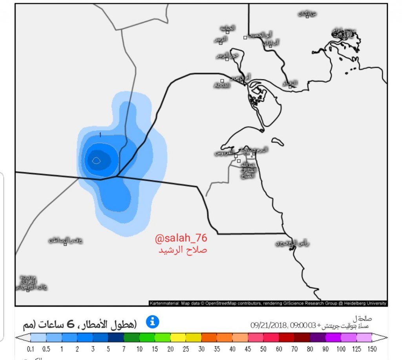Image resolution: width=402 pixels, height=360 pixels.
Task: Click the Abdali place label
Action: (222, 86)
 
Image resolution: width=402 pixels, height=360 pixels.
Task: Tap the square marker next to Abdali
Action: (222, 81)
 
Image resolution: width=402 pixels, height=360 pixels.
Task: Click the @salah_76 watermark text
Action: (181, 238)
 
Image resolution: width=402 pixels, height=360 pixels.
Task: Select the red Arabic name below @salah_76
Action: (183, 250)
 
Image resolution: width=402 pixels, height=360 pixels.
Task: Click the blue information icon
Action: (153, 322)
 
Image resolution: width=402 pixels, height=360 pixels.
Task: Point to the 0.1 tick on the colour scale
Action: (31, 349)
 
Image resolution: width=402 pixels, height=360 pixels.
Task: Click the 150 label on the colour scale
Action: (372, 349)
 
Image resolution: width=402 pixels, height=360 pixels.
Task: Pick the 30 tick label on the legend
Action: (201, 349)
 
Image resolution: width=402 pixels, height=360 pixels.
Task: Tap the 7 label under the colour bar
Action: (124, 349)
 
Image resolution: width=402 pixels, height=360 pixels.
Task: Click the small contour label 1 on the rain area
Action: (101, 135)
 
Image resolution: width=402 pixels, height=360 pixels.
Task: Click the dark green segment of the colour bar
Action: (132, 338)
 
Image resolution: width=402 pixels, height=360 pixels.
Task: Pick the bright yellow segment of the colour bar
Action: (178, 338)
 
